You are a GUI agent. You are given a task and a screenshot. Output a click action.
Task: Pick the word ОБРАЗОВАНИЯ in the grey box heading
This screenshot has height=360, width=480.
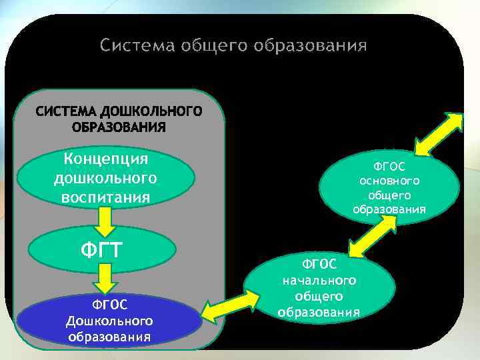click(x=118, y=127)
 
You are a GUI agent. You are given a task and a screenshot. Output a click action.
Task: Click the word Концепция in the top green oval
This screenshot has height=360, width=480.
click(x=105, y=159)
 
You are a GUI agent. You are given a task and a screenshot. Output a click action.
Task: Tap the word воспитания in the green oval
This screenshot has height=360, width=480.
click(x=105, y=197)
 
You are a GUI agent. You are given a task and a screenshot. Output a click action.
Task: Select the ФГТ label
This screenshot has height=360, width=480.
click(x=101, y=250)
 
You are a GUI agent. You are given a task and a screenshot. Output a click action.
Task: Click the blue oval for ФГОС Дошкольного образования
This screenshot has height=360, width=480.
click(x=110, y=320)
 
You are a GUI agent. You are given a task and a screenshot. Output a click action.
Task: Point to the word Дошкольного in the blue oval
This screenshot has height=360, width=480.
click(x=109, y=321)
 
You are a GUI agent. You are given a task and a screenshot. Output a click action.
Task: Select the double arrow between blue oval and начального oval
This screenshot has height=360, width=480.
click(x=223, y=308)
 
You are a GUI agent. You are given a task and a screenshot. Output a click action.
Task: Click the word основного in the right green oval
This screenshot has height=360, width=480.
click(x=389, y=181)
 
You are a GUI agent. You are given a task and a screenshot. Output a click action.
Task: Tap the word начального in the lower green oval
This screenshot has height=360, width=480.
click(x=319, y=280)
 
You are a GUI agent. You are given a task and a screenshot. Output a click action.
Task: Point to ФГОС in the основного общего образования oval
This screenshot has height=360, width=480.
click(x=389, y=166)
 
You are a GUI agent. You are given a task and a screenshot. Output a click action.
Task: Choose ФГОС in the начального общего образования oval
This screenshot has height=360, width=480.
click(x=319, y=265)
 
